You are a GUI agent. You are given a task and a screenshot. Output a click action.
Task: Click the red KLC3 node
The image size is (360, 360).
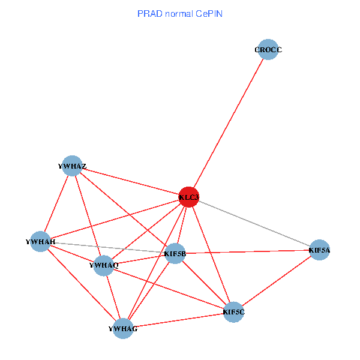pos(189,196)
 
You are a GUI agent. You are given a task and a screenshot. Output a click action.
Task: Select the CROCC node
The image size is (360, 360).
pos(267,50)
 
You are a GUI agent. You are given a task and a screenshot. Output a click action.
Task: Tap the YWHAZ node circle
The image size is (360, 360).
pos(73,166)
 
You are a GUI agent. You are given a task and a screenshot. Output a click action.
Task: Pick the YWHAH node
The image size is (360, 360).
pos(40,241)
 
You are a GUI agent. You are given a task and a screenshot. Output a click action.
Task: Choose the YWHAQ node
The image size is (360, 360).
pos(104,265)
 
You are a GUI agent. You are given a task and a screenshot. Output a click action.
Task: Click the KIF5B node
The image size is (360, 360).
pos(175,254)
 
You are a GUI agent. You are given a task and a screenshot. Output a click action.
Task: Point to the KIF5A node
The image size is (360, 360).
pos(319,249)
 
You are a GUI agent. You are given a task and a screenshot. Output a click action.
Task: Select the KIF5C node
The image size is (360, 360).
pos(233,311)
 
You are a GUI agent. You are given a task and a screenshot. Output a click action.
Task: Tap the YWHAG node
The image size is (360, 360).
pos(123,328)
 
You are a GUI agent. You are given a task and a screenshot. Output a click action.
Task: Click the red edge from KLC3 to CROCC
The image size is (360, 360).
pos(228,123)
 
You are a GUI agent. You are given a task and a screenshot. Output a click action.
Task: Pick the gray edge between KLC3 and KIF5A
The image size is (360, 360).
pos(254,223)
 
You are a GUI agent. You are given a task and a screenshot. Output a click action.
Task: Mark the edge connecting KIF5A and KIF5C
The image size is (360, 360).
pos(276,280)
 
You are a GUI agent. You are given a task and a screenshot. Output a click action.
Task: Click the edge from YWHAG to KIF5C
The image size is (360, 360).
pos(178,320)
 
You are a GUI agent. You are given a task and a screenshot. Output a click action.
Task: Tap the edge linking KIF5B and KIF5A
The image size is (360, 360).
pos(247,251)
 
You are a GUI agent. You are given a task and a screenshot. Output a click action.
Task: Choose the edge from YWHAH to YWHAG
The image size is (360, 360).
pos(82,285)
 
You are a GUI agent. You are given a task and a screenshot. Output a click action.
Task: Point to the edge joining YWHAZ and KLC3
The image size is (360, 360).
pos(131,181)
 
